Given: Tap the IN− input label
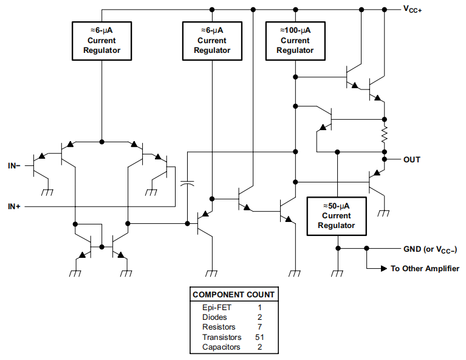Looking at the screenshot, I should click(x=14, y=165).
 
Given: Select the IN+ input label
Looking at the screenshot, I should click(x=14, y=207).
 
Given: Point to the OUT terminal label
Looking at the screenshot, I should click(x=411, y=160).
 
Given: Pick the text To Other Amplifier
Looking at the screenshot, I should click(x=424, y=268).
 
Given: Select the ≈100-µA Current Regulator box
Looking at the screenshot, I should click(x=295, y=41).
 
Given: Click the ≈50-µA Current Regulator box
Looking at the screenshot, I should click(x=337, y=216).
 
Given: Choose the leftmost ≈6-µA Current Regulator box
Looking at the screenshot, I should click(x=101, y=41).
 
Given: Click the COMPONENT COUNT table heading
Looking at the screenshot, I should click(x=233, y=294).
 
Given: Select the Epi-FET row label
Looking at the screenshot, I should click(x=216, y=308).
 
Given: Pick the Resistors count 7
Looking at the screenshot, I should click(x=259, y=327).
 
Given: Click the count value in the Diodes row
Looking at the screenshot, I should click(x=259, y=317).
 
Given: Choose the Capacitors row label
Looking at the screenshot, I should click(x=221, y=347).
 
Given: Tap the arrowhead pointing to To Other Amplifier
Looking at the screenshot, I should click(x=383, y=268).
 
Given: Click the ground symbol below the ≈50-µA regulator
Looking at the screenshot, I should click(x=337, y=273).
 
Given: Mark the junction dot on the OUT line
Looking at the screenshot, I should click(x=384, y=160).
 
